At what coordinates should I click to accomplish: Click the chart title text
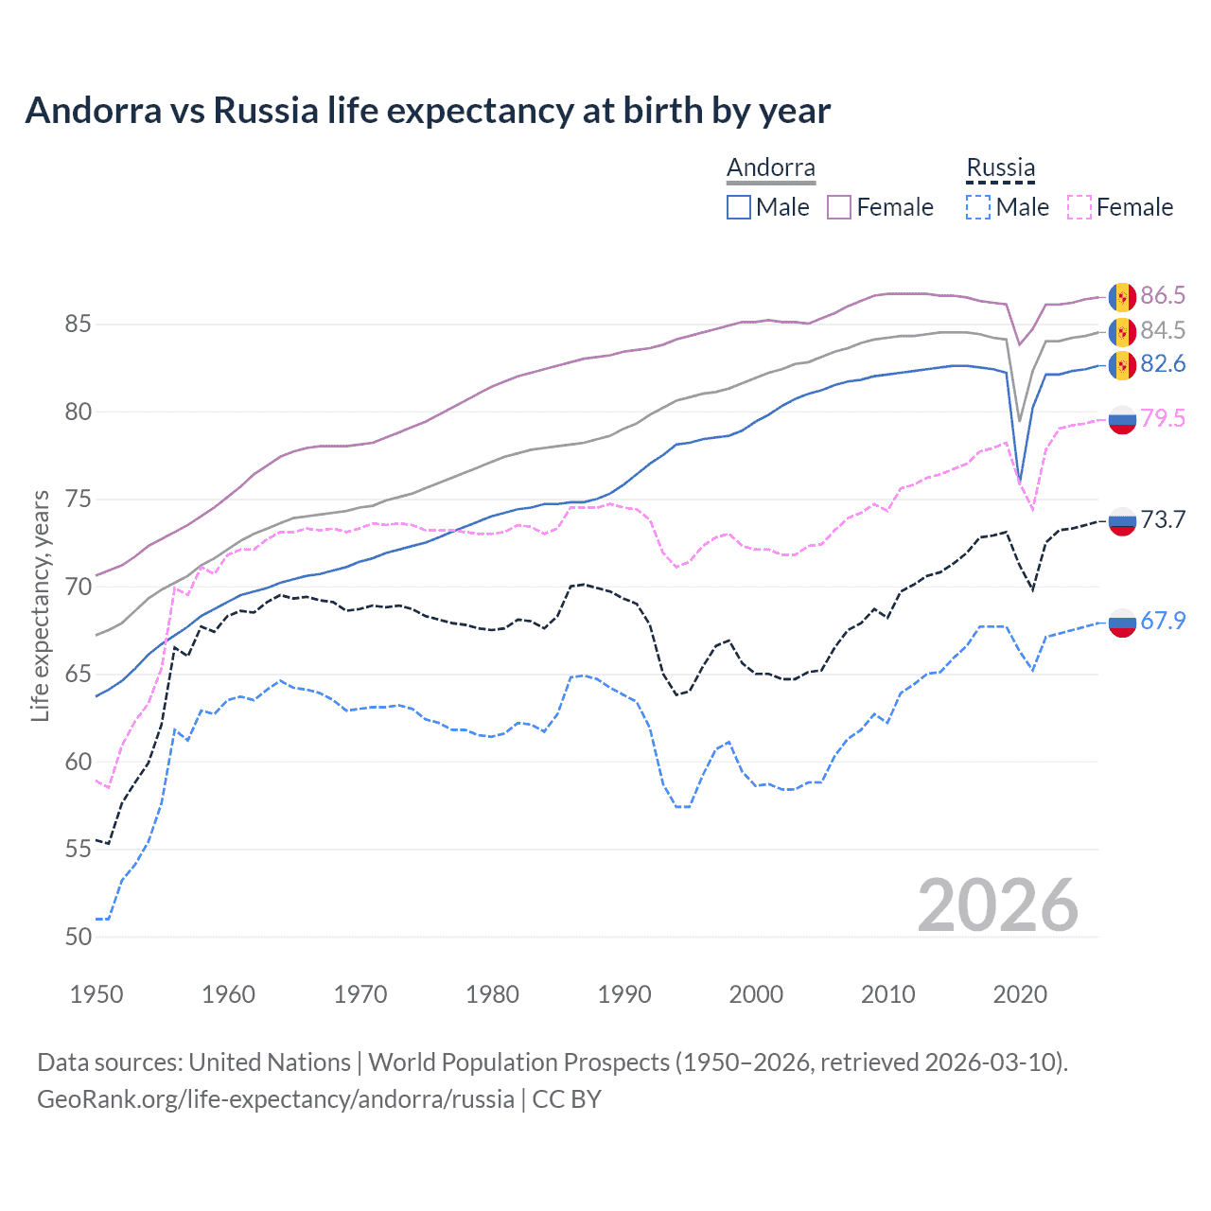(x=428, y=111)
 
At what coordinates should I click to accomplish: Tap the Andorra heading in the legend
(x=770, y=167)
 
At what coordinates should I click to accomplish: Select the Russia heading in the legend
(x=1000, y=167)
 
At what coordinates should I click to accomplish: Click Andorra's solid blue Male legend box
(x=739, y=207)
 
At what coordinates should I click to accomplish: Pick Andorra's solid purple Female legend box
(x=839, y=207)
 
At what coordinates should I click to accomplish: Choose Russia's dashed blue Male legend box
(x=978, y=207)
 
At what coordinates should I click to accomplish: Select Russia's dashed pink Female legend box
(x=1079, y=207)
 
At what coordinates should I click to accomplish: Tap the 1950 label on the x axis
(x=97, y=994)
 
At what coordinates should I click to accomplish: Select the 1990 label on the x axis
(x=624, y=994)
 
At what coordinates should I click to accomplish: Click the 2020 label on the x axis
(x=1020, y=994)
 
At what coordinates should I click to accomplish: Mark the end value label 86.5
(x=1163, y=295)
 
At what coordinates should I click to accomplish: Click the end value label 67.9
(x=1163, y=621)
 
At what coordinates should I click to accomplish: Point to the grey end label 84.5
(x=1163, y=330)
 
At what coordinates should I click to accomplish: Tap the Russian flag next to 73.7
(x=1122, y=520)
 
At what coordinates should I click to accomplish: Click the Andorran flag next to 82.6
(x=1122, y=365)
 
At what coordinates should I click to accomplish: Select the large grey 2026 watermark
(x=997, y=905)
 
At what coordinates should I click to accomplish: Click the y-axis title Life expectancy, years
(x=40, y=605)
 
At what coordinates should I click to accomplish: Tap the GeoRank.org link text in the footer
(x=274, y=1099)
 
